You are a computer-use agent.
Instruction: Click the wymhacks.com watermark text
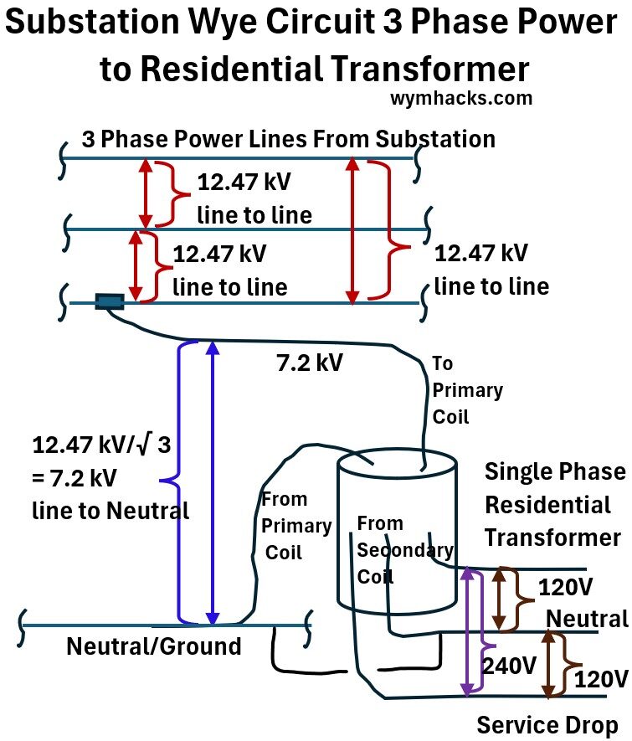point(460,98)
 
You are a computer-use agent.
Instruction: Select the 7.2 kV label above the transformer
point(309,363)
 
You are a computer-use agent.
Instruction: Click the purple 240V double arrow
point(466,633)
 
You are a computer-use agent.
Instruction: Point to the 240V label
point(509,666)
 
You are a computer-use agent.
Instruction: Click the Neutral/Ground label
point(153,646)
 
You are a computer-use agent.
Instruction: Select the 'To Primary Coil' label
point(466,389)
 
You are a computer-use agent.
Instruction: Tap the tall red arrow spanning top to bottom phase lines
point(353,230)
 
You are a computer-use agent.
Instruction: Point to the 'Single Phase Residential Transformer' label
point(553,504)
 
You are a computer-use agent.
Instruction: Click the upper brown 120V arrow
point(501,599)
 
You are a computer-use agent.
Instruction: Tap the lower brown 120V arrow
point(548,664)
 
